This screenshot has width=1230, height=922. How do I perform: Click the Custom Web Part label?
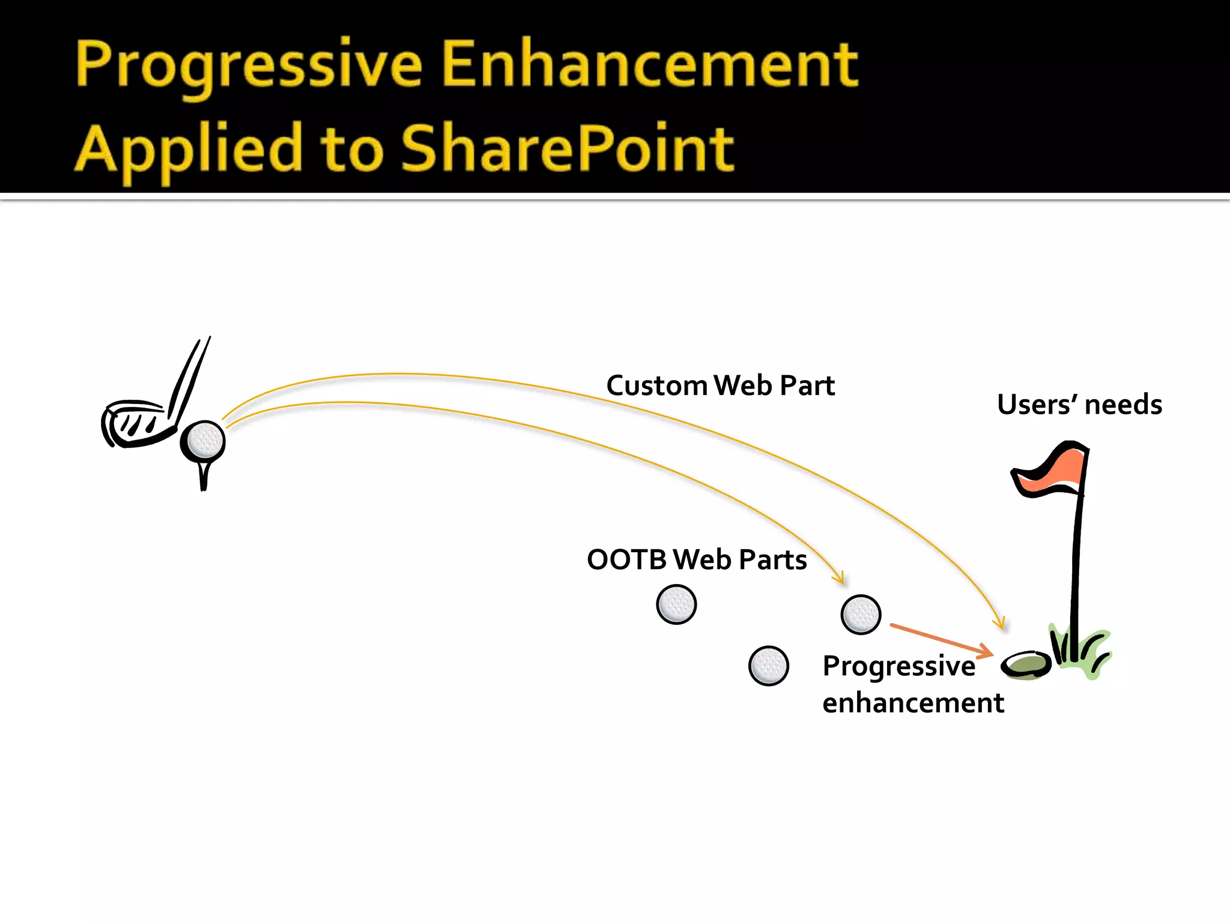tap(720, 385)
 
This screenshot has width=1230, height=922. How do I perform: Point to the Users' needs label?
tap(1079, 405)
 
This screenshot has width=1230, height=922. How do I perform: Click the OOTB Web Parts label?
tap(697, 559)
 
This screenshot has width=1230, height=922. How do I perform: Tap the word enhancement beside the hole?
tap(913, 703)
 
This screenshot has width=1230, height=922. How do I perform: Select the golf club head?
tap(135, 424)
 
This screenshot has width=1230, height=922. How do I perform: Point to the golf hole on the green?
tap(1026, 664)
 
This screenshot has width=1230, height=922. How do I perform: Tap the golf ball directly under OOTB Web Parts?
tap(676, 604)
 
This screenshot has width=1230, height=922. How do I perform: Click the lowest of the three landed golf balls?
tap(769, 666)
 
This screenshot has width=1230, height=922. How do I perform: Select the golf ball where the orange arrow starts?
tap(861, 615)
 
